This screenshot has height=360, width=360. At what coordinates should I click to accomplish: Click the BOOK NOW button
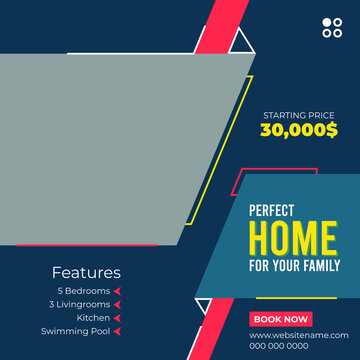[x=281, y=319]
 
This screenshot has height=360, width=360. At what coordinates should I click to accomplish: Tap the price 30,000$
[x=299, y=129]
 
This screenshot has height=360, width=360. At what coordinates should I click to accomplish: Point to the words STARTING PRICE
[x=299, y=115]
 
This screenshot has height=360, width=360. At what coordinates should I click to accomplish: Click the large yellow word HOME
[x=292, y=239]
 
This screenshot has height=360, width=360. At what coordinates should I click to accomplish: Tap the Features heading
[x=86, y=272]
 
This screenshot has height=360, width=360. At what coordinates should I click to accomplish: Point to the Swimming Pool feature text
[x=75, y=331]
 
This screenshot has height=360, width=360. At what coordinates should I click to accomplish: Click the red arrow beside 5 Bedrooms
[x=117, y=291]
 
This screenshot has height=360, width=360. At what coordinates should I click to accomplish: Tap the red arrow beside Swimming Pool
[x=117, y=331]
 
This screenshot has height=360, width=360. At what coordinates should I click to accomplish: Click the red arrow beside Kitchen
[x=117, y=318]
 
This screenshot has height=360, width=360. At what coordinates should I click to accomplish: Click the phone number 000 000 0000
[x=279, y=346]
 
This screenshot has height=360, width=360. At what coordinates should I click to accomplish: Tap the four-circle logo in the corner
[x=331, y=28]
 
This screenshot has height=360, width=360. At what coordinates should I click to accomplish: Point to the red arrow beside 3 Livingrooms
[x=117, y=304]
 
